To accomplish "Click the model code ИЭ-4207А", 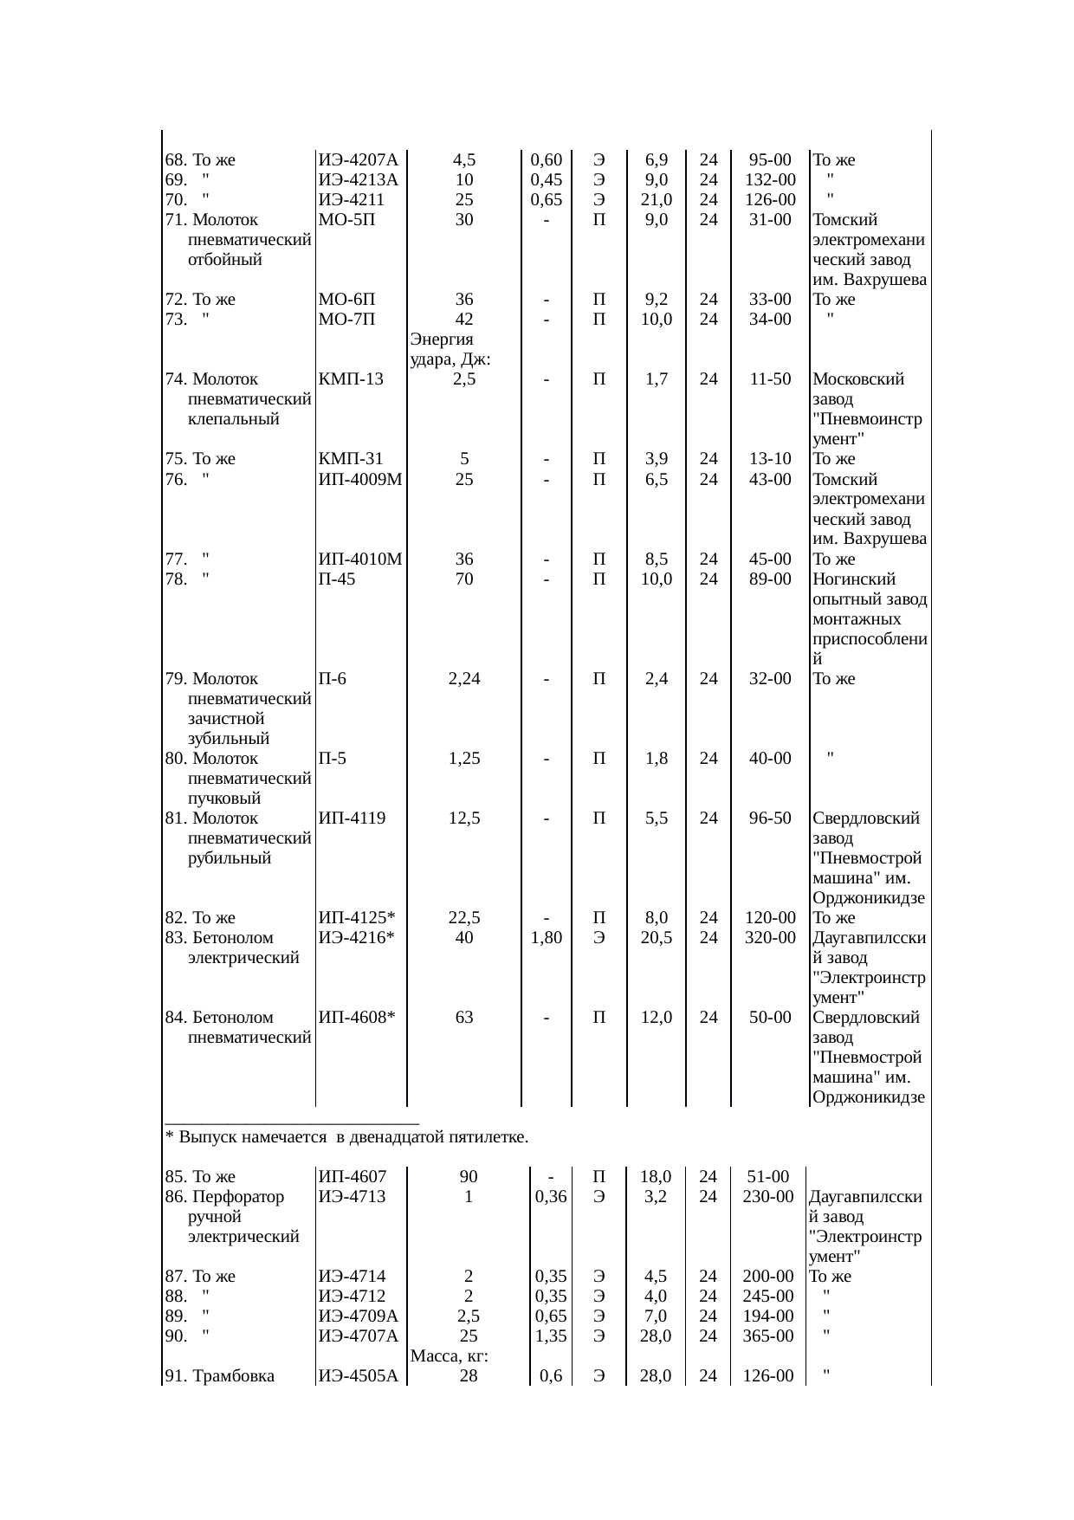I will point(358,160).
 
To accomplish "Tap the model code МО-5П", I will point(346,220).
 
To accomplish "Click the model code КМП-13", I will point(351,379).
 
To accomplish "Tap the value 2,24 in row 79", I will point(464,679).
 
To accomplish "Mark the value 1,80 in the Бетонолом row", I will point(547,938).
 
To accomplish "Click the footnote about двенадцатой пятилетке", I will point(346,1137).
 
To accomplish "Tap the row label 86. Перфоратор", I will point(224,1198).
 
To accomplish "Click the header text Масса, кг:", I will point(448,1356).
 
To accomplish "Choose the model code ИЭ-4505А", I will point(358,1376).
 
